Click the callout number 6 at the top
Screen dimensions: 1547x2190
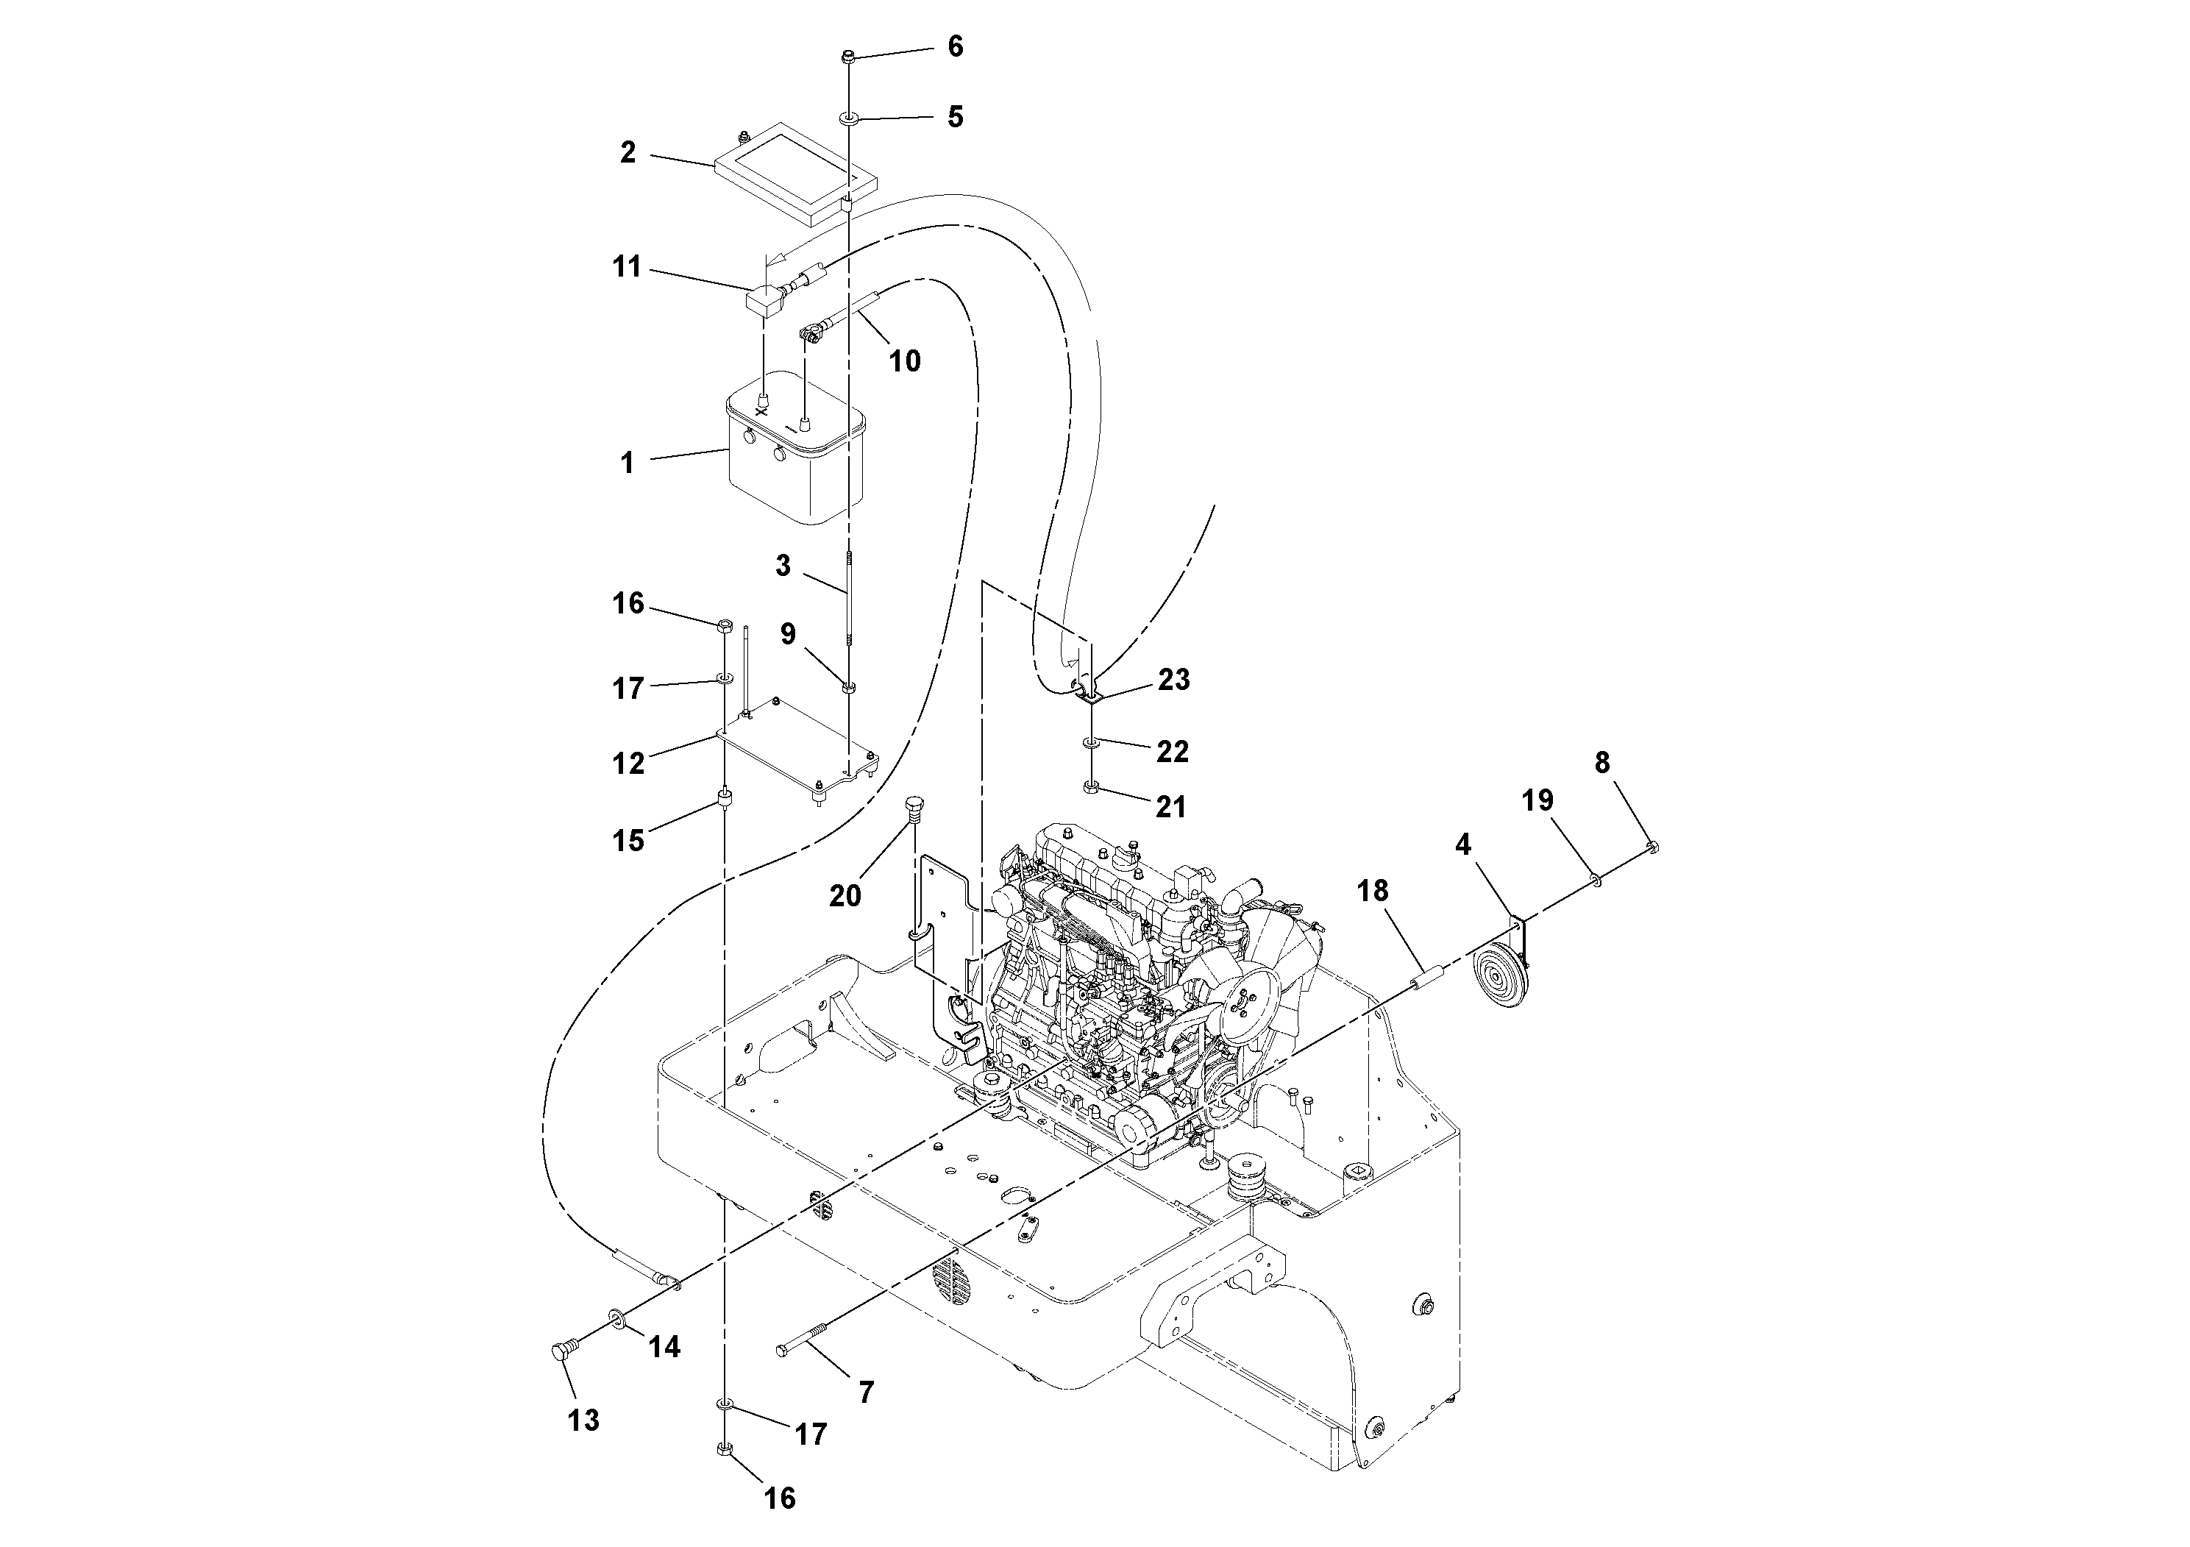tap(955, 47)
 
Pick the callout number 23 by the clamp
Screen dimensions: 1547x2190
tap(1173, 680)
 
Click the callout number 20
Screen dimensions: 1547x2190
tap(845, 895)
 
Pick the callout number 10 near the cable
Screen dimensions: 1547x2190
tap(904, 360)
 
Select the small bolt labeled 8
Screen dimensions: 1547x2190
tap(1652, 845)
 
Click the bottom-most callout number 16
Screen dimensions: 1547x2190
tap(779, 1499)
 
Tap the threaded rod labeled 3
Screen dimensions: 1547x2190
tap(847, 601)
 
